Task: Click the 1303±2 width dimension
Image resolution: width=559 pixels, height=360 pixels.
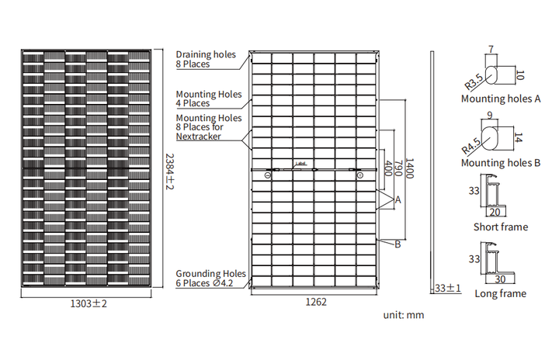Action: [89, 303]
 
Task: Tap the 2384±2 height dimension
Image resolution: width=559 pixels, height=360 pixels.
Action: [170, 171]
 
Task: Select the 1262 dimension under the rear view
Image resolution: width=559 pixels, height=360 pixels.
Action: [316, 302]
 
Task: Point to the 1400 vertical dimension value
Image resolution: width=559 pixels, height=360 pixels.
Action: [409, 168]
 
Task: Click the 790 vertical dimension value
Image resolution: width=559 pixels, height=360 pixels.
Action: [398, 168]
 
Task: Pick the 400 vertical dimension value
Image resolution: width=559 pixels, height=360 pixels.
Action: [388, 168]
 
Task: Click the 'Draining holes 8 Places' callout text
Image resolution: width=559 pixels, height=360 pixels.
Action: [206, 59]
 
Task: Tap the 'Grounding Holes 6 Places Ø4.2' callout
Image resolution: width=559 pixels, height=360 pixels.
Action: [210, 279]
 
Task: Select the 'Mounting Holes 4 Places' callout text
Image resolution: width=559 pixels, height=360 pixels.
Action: [209, 99]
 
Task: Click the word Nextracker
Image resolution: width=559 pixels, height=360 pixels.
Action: [198, 137]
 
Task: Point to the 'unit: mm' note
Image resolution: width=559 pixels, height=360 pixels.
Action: [404, 315]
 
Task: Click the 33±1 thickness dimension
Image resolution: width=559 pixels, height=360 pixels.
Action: [448, 288]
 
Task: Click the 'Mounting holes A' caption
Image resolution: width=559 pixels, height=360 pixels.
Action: [501, 99]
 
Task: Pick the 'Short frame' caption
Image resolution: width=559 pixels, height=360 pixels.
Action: [501, 227]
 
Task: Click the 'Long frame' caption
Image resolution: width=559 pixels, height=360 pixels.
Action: [501, 294]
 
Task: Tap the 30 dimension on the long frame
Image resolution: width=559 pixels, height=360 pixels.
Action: [500, 279]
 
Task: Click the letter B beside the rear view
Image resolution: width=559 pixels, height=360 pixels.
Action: [398, 244]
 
